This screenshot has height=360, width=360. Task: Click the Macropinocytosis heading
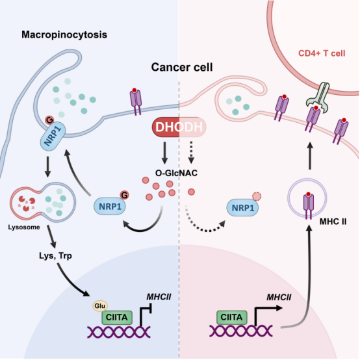pyautogui.click(x=64, y=35)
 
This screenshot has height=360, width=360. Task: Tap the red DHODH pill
pyautogui.click(x=179, y=127)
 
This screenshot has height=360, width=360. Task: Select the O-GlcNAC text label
pyautogui.click(x=176, y=173)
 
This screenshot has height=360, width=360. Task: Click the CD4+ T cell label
pyautogui.click(x=322, y=53)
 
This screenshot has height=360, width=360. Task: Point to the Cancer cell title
pyautogui.click(x=182, y=68)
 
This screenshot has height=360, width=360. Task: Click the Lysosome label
pyautogui.click(x=24, y=227)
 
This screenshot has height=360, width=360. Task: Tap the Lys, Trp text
pyautogui.click(x=55, y=256)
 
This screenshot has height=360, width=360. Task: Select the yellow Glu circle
pyautogui.click(x=100, y=306)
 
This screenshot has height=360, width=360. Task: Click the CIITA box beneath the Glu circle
pyautogui.click(x=117, y=318)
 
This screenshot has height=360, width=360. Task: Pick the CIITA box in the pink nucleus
pyautogui.click(x=231, y=317)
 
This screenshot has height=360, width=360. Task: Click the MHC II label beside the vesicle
pyautogui.click(x=333, y=222)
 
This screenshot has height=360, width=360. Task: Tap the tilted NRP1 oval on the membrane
pyautogui.click(x=53, y=136)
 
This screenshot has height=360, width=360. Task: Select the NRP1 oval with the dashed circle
pyautogui.click(x=242, y=208)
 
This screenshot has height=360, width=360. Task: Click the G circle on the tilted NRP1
pyautogui.click(x=49, y=120)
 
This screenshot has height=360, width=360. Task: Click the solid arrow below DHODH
pyautogui.click(x=164, y=153)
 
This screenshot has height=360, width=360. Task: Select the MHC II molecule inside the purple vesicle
pyautogui.click(x=309, y=205)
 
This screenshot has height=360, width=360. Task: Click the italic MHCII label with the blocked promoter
pyautogui.click(x=159, y=297)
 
